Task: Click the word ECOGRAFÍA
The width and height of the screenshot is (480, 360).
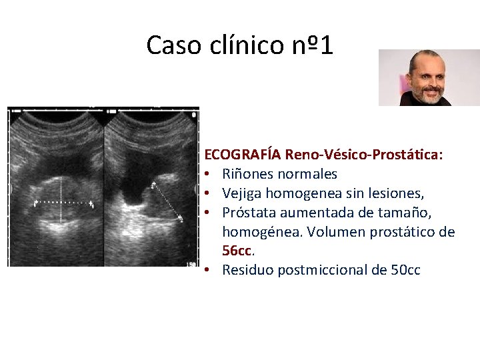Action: tap(243, 155)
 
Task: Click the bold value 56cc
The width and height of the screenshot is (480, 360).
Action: tap(238, 251)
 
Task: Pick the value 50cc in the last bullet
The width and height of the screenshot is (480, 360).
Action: tap(405, 271)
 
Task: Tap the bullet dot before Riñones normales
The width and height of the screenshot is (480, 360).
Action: tap(209, 175)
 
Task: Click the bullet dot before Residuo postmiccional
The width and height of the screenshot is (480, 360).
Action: tap(209, 271)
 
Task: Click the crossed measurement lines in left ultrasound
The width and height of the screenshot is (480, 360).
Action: tap(61, 201)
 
